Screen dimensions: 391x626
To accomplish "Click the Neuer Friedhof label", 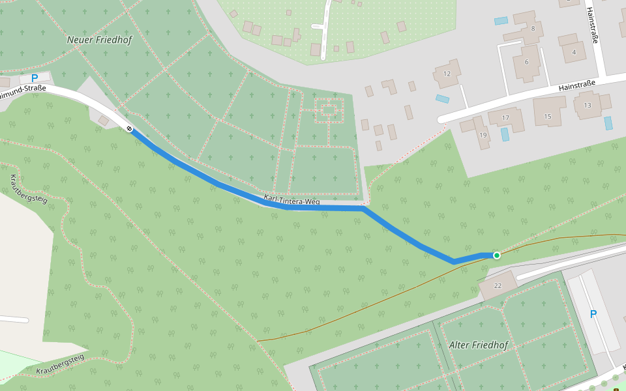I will tap(100, 40).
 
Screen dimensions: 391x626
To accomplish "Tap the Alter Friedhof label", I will tap(478, 345).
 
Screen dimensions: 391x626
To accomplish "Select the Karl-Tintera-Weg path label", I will tap(291, 201).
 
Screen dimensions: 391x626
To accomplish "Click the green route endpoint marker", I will tap(497, 255).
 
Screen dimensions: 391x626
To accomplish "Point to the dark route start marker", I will tap(130, 128).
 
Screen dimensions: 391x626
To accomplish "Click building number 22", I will tap(498, 285).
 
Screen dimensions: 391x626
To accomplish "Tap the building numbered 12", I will tap(447, 74).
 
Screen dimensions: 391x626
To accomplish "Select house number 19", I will tap(483, 135).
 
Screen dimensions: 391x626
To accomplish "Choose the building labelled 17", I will tap(507, 118).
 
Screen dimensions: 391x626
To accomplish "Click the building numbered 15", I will tap(548, 116).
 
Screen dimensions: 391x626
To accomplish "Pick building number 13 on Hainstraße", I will tap(588, 105).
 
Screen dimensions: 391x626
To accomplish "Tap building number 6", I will tap(526, 62).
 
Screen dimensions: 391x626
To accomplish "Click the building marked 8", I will tap(533, 28).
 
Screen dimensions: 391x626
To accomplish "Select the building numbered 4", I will tap(574, 51).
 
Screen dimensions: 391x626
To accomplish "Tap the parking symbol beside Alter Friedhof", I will tap(593, 314).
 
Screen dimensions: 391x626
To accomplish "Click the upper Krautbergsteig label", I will tap(29, 189).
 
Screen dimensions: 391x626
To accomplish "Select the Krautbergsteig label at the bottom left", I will tap(61, 364).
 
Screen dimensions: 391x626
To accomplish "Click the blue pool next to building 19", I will tap(505, 134).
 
